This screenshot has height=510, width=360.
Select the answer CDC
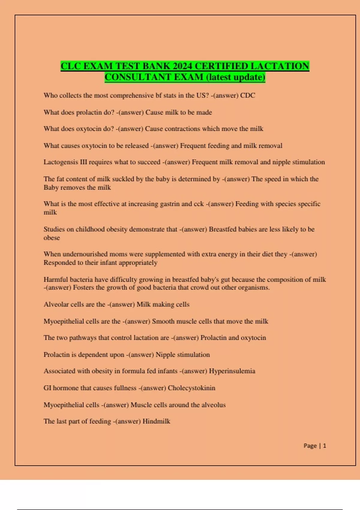pos(247,95)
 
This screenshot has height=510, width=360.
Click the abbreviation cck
pos(199,204)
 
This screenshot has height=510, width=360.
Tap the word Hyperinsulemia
pos(232,371)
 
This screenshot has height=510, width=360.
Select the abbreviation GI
pos(47,388)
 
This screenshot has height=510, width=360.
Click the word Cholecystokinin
pos(191,388)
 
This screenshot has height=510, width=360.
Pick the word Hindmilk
pos(156,421)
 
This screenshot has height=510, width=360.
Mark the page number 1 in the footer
pos(324,446)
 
